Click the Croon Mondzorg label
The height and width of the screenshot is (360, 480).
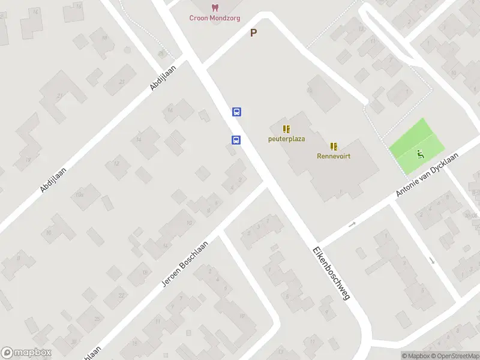click(214, 18)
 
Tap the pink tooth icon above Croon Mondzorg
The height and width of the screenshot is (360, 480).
click(214, 7)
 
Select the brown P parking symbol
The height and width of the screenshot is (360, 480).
click(253, 34)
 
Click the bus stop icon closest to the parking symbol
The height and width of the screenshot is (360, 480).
click(237, 112)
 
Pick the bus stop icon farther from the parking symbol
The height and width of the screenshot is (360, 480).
click(236, 140)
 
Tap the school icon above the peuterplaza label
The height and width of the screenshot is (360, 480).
click(286, 129)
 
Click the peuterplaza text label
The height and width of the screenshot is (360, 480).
click(286, 139)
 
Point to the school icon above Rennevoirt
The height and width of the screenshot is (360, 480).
click(334, 146)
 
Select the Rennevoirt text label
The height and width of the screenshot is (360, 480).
click(334, 156)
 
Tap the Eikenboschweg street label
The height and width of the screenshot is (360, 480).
click(330, 274)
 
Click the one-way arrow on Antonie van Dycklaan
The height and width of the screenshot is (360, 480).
click(352, 224)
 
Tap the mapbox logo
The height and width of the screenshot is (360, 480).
click(26, 353)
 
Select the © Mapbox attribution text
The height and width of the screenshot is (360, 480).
click(415, 356)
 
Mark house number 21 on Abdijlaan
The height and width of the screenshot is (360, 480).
click(59, 96)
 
